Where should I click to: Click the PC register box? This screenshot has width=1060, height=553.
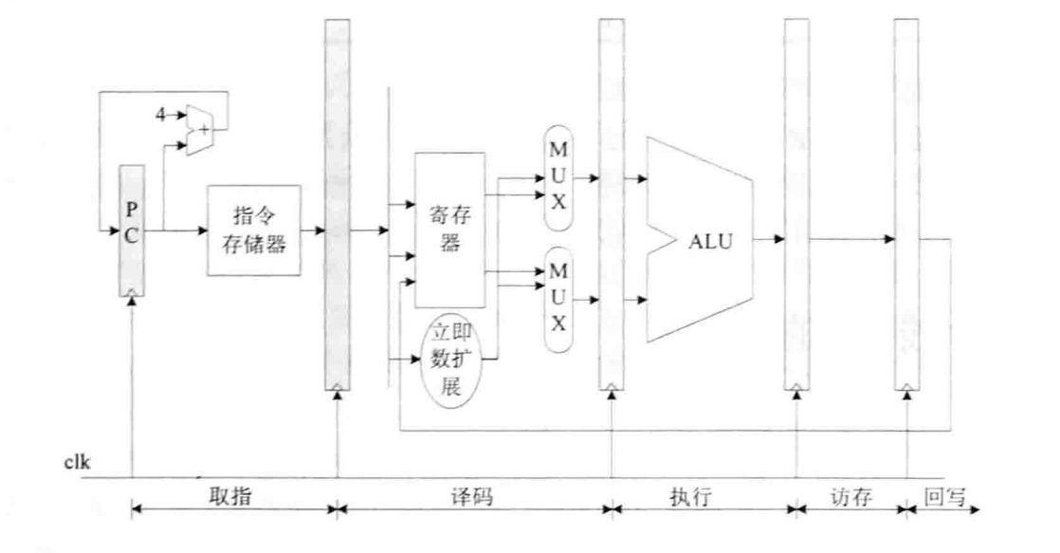click(132, 229)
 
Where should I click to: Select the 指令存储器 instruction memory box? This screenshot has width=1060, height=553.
click(247, 230)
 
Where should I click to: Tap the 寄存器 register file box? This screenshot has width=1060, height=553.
click(450, 230)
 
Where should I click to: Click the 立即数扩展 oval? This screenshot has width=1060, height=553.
click(451, 361)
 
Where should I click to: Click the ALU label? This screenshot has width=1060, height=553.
click(711, 241)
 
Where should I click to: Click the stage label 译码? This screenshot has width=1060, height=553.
click(472, 496)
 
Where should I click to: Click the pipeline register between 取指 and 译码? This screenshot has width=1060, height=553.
click(337, 204)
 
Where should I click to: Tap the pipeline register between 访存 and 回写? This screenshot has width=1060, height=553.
click(906, 204)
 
